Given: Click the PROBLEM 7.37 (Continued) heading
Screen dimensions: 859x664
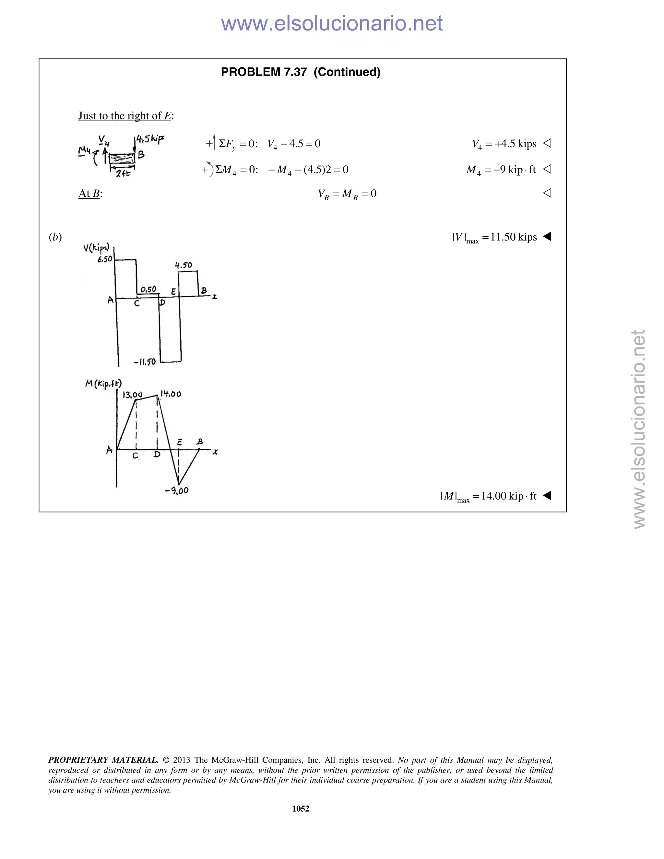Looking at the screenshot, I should [301, 72].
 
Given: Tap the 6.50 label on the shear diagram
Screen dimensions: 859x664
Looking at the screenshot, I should [105, 259].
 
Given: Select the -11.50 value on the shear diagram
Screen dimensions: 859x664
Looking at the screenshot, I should [145, 362].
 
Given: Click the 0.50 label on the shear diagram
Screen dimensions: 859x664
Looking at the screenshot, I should [148, 289].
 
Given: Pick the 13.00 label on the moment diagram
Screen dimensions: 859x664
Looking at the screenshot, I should [132, 394].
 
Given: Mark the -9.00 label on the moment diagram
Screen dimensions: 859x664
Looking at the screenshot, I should [177, 490].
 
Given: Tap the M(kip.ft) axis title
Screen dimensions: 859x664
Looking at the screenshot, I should [103, 383].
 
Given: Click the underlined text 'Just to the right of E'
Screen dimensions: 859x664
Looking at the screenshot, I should [125, 116].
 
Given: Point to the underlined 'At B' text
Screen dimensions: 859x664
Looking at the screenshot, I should [90, 194].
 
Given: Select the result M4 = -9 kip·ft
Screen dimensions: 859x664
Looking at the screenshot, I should [501, 170].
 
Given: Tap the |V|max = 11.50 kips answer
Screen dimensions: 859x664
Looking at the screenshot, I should [494, 237].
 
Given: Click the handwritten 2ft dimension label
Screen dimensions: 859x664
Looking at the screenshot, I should [123, 173].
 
